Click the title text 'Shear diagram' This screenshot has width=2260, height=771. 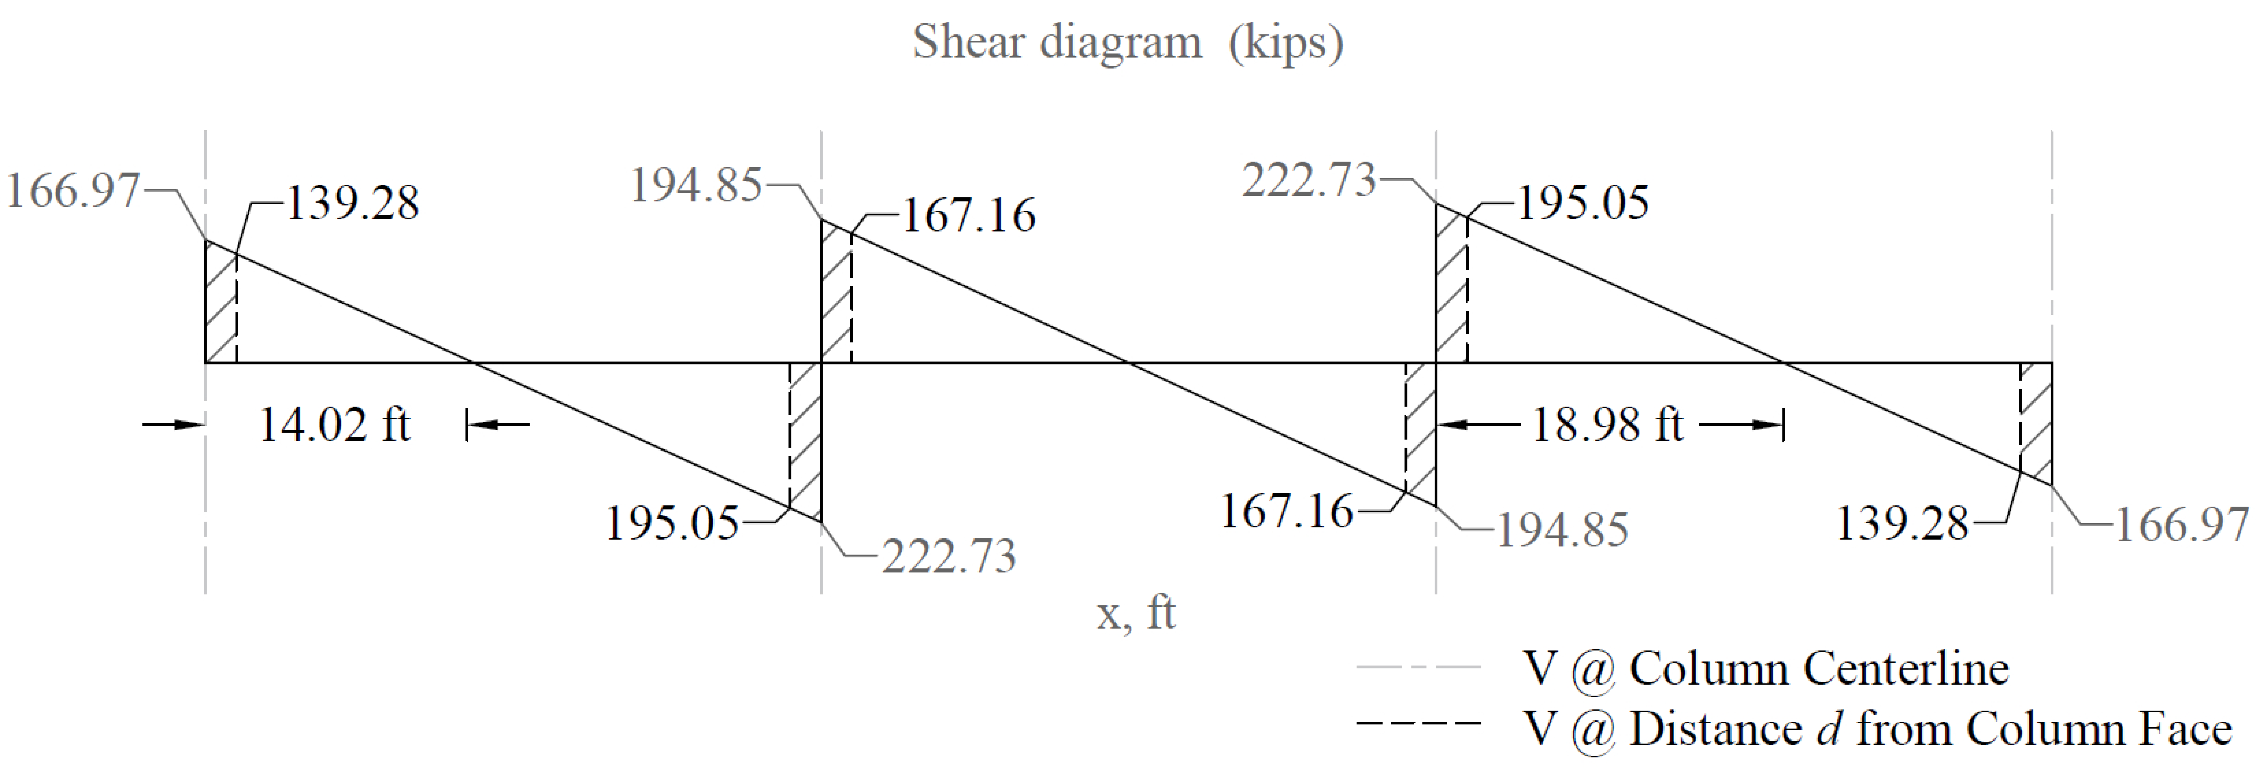coord(1057,42)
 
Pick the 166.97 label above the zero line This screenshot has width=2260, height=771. coord(73,190)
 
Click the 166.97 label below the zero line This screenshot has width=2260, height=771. coord(2183,525)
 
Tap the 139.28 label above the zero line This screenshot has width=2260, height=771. coord(353,203)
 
